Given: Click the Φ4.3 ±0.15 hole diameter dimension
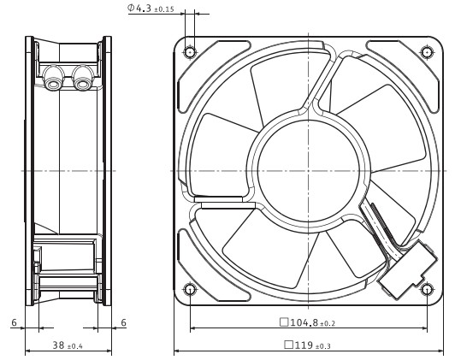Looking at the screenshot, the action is point(151,8).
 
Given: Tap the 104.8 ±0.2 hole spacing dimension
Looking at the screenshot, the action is point(307,322).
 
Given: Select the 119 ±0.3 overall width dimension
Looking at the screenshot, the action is point(307,345).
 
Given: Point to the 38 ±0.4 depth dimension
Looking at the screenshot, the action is point(68,345).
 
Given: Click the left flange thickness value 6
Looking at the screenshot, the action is point(15,322).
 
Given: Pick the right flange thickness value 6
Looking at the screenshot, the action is point(124,322).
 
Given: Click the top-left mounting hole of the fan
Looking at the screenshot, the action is point(190,52).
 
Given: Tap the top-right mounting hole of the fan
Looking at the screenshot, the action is point(427,52).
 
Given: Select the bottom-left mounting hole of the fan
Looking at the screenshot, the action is point(190,289).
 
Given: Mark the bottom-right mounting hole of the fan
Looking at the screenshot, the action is point(427,289).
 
